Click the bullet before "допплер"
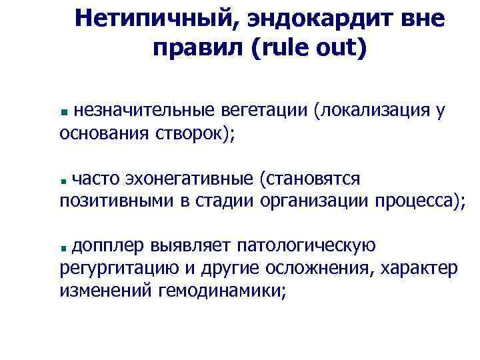[x=64, y=248]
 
